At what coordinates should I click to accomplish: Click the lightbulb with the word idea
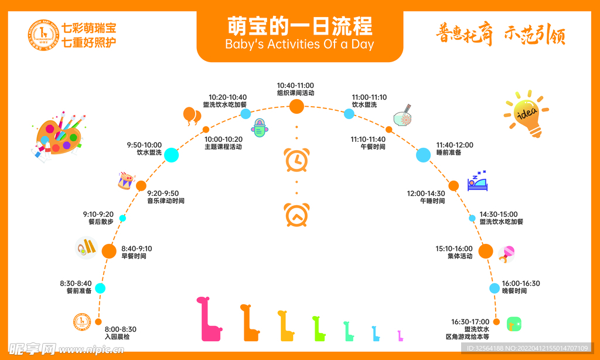point(525,113)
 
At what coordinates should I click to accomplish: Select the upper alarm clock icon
point(296,160)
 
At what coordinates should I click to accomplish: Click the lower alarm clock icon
point(296,215)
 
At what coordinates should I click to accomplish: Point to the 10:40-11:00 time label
point(295,86)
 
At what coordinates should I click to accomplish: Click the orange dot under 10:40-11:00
point(297,106)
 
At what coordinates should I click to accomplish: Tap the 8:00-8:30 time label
point(120,330)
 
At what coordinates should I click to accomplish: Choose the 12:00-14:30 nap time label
point(426,193)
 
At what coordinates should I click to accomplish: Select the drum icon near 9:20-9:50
point(127,181)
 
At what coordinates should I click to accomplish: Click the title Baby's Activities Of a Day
point(299,44)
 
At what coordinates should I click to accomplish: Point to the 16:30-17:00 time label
point(470,322)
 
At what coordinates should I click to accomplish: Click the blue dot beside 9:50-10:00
point(171,155)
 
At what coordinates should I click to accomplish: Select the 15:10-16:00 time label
point(454,249)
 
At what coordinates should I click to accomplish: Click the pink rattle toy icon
point(507,254)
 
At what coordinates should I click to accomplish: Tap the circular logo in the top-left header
point(43,35)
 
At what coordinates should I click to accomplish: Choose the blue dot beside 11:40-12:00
point(424,155)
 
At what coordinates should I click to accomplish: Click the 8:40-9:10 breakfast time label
point(137,249)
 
